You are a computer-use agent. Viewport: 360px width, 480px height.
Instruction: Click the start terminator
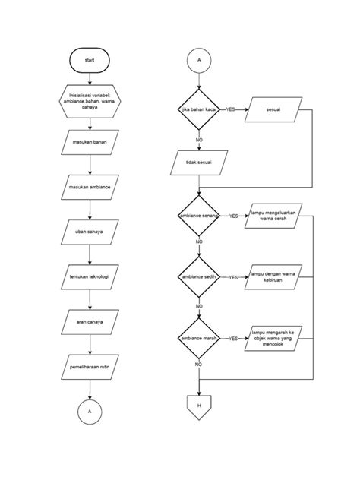[x=90, y=59]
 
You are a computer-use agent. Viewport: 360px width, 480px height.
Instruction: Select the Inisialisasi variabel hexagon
[x=90, y=101]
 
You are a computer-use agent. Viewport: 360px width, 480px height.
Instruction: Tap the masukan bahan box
[x=90, y=143]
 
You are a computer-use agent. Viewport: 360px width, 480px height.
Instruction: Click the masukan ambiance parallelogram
[x=90, y=187]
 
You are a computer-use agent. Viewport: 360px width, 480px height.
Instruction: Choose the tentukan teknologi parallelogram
[x=90, y=277]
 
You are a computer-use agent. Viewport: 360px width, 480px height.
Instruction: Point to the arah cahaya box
[x=90, y=322]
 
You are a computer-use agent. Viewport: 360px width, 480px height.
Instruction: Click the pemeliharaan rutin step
[x=90, y=368]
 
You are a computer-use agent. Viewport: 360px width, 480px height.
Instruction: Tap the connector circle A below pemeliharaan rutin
[x=90, y=411]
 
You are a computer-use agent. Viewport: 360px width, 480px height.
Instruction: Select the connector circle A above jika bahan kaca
[x=199, y=59]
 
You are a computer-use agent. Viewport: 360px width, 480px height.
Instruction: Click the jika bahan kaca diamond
[x=199, y=109]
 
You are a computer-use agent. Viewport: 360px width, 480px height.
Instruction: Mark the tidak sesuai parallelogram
[x=199, y=162]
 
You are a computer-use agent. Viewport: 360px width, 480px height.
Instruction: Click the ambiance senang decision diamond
[x=199, y=216]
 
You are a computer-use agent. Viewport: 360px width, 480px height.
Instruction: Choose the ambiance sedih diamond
[x=199, y=277]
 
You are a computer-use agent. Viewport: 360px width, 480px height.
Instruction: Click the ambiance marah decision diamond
[x=199, y=339]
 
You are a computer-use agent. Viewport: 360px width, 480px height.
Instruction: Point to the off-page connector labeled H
[x=199, y=407]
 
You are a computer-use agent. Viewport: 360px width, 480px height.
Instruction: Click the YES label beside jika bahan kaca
[x=231, y=109]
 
